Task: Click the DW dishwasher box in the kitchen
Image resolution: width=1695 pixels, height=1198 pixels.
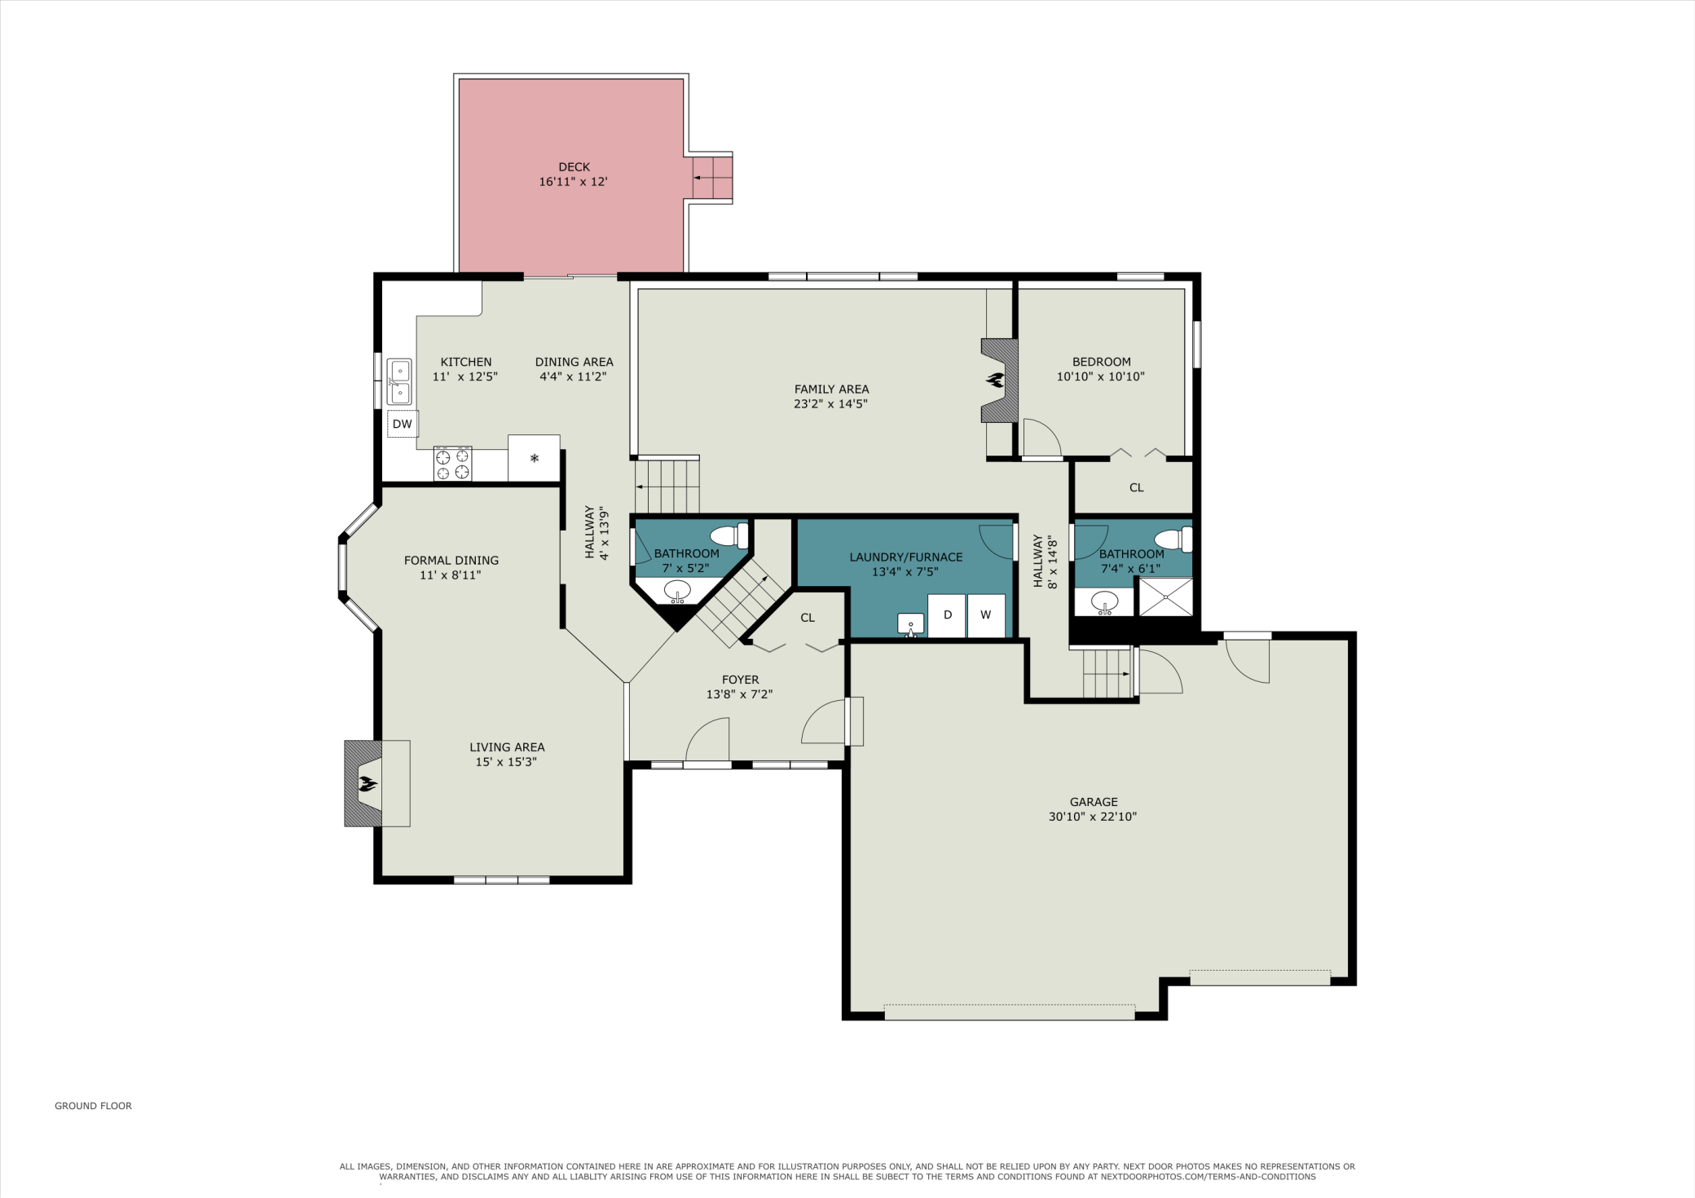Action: point(403,424)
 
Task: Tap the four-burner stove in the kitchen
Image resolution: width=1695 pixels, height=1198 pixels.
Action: point(452,463)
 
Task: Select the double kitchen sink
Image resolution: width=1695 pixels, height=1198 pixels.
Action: point(399,381)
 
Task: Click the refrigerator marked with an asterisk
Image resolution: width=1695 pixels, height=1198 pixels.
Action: point(534,458)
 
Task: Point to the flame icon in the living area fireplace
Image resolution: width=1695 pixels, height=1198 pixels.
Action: point(368,784)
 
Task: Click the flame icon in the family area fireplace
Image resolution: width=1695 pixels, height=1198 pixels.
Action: point(995,380)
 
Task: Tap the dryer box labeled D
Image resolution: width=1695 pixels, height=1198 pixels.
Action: point(947,615)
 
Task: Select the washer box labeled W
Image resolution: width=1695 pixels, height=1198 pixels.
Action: point(986,615)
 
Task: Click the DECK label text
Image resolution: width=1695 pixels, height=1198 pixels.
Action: point(575,167)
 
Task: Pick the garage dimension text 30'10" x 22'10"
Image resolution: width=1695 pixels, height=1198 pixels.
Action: point(1093,817)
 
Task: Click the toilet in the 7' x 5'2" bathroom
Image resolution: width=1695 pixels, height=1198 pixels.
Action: point(729,535)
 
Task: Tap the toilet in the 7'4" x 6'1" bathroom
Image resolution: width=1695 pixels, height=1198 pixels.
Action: point(1173,540)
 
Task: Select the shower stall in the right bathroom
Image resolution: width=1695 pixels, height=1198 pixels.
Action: point(1165,597)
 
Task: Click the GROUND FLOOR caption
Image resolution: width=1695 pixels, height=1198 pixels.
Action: point(93,1106)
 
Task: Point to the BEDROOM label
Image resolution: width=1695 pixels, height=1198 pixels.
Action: point(1102,362)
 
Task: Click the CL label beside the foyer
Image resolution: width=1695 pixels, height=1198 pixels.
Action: point(808,618)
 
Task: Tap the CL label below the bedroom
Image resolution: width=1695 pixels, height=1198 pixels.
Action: point(1137,487)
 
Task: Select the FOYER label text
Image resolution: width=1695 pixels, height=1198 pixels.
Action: point(740,680)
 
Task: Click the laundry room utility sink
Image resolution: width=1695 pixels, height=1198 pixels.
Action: point(911,625)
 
